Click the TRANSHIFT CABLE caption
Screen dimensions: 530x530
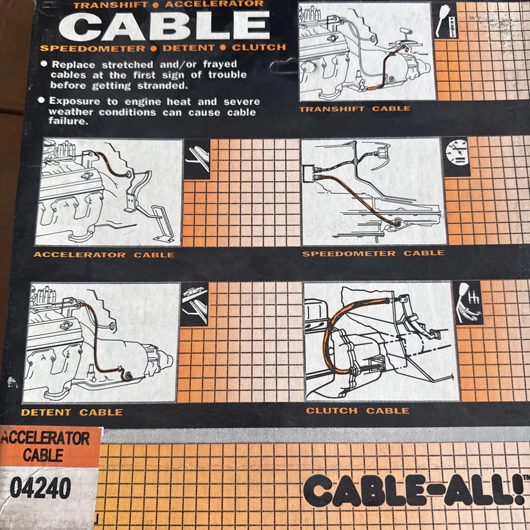click(354, 109)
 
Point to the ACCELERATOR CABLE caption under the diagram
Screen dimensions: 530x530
click(104, 255)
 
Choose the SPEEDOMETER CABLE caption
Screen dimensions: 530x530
click(373, 253)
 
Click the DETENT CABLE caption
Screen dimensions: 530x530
click(72, 412)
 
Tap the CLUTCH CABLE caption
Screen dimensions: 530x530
click(358, 411)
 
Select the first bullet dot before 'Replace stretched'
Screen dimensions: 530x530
click(44, 64)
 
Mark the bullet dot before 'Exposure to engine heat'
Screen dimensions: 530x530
click(43, 101)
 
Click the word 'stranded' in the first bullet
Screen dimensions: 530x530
click(165, 86)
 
